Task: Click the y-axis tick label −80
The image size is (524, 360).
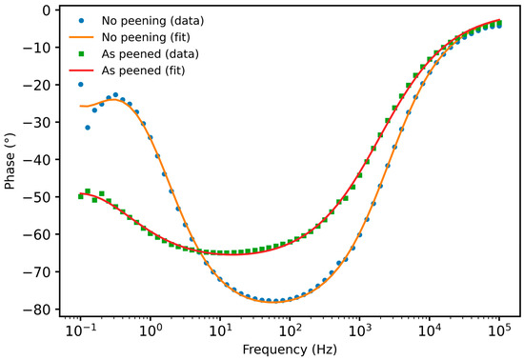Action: click(x=36, y=310)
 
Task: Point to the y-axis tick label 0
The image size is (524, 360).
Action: click(x=47, y=10)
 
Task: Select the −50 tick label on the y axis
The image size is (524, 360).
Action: click(x=36, y=197)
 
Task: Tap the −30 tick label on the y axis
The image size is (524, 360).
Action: click(x=36, y=122)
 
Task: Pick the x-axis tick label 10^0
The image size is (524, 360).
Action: click(x=151, y=331)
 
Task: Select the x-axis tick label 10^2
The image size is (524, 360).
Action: click(x=290, y=331)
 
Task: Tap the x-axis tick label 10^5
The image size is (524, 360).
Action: click(x=499, y=331)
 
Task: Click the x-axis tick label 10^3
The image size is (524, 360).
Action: click(x=360, y=331)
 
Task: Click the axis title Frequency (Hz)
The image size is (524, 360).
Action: click(x=290, y=350)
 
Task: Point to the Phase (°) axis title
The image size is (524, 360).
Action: click(x=10, y=161)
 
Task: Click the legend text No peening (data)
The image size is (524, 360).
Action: click(x=152, y=21)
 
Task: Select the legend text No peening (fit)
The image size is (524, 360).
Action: click(x=146, y=37)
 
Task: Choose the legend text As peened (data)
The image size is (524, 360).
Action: click(x=150, y=53)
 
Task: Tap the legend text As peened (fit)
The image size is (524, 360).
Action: click(x=143, y=70)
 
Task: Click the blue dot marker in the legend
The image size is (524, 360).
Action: click(x=81, y=21)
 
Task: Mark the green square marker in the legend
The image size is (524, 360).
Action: click(x=81, y=53)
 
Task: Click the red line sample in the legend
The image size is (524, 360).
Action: click(x=81, y=70)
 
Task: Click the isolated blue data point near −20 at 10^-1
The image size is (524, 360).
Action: click(x=81, y=85)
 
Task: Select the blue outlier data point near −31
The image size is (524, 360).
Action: click(x=88, y=128)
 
